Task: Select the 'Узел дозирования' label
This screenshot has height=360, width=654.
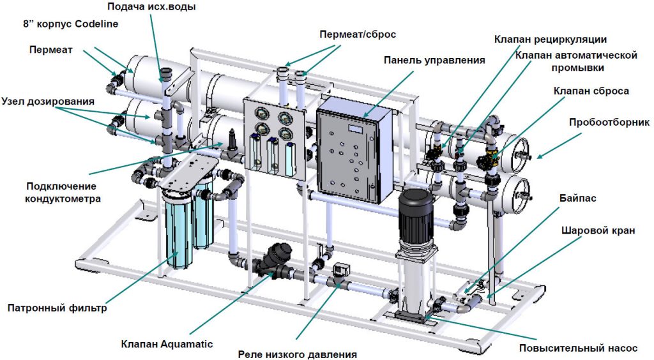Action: point(48,101)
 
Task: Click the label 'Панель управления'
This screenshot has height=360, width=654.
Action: point(434,60)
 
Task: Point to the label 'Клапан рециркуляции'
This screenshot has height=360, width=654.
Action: point(551,40)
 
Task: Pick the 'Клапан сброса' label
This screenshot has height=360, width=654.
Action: point(591,91)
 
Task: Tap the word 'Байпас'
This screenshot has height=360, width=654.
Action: point(580,199)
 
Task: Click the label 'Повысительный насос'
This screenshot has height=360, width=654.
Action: point(577,349)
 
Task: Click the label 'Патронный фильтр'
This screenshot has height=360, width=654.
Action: point(57,309)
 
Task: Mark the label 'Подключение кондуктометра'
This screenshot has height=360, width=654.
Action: point(61,192)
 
